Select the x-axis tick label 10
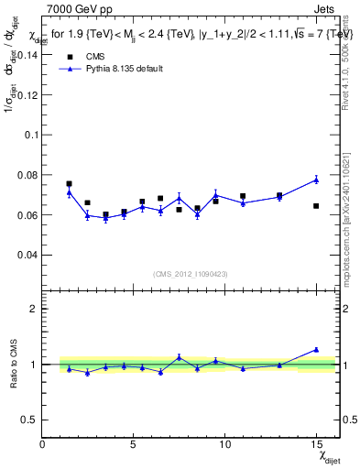tap(224, 445)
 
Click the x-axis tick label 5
tap(134, 445)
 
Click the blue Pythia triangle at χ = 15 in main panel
tap(316, 179)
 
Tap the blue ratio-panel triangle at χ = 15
tap(316, 349)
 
